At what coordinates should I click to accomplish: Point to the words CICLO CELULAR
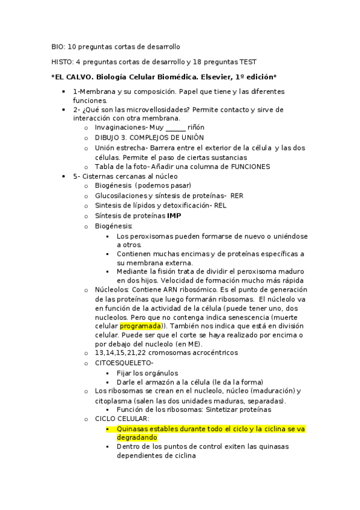[x=122, y=419]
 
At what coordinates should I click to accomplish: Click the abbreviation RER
[x=237, y=195]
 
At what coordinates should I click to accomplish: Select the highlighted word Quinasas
[x=133, y=429]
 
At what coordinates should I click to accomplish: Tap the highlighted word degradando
[x=137, y=438]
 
